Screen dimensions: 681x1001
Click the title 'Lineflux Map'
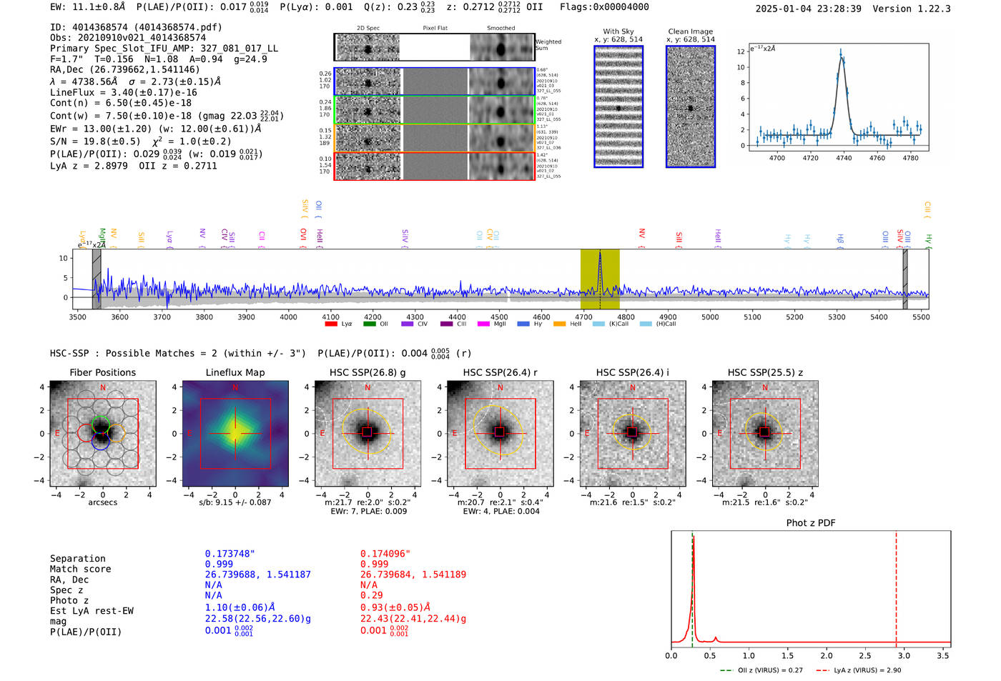pyautogui.click(x=235, y=372)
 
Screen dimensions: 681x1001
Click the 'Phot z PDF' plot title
pyautogui.click(x=811, y=523)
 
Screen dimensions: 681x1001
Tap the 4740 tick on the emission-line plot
pyautogui.click(x=844, y=158)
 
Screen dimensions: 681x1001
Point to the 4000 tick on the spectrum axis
pyautogui.click(x=288, y=317)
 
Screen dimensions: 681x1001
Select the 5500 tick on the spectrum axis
pyautogui.click(x=921, y=317)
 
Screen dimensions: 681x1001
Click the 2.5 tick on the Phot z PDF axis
pyautogui.click(x=865, y=655)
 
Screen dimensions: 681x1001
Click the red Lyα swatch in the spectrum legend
pyautogui.click(x=331, y=324)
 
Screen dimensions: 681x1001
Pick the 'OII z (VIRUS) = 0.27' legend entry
pyautogui.click(x=761, y=670)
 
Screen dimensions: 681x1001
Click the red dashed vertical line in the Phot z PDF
pyautogui.click(x=896, y=586)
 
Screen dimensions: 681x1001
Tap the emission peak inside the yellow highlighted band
pyautogui.click(x=600, y=254)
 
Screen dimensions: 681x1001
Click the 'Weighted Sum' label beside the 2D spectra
pyautogui.click(x=548, y=45)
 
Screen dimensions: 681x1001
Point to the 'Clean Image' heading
pyautogui.click(x=690, y=31)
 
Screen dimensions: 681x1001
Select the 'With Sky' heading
pyautogui.click(x=618, y=31)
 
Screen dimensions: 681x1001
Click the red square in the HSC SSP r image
pyautogui.click(x=500, y=432)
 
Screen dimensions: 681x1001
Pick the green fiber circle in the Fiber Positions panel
pyautogui.click(x=101, y=423)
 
